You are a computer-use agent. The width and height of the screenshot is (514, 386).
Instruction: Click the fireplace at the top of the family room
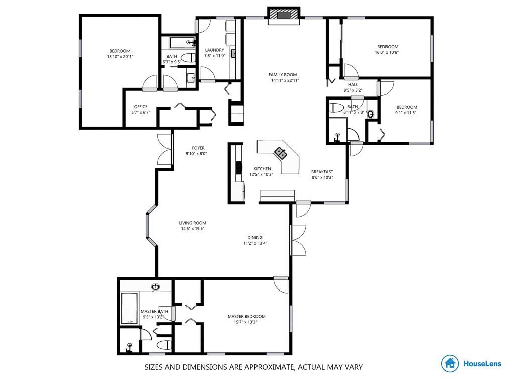click(284, 16)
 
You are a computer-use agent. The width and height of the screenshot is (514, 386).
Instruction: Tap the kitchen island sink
click(280, 153)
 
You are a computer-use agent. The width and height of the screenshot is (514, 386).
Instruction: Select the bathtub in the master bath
click(129, 308)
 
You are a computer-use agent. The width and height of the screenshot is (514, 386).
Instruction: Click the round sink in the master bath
click(156, 287)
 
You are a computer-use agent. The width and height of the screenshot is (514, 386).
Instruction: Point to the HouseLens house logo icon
click(450, 363)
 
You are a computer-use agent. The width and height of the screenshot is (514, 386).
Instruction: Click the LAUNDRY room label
click(215, 50)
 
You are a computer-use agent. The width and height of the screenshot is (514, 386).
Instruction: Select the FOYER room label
click(198, 148)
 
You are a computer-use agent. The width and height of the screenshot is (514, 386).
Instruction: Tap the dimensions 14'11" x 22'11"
click(285, 80)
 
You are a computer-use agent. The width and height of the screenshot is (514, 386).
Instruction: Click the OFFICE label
click(141, 107)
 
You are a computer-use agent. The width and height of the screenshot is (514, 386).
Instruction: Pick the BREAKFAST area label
click(322, 172)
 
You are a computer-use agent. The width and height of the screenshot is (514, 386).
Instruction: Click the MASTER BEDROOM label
click(246, 317)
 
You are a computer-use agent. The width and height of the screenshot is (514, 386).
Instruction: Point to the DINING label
click(255, 238)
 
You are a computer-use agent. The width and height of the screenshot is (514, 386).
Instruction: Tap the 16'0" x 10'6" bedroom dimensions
click(387, 52)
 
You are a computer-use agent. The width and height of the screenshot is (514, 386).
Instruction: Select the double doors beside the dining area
click(298, 240)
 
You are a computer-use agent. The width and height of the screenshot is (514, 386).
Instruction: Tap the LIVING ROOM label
click(192, 223)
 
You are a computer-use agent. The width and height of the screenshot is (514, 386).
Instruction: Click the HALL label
click(353, 84)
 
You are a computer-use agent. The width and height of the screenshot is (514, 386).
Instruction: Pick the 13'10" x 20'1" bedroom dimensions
click(120, 56)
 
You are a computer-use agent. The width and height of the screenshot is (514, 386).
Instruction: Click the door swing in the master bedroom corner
click(281, 285)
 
